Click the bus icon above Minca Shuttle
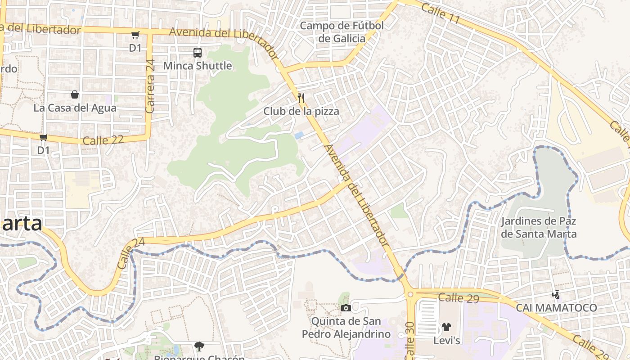197,52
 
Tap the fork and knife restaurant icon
301,98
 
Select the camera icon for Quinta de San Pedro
346,308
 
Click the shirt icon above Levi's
446,327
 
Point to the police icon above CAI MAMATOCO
556,295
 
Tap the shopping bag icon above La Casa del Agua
75,94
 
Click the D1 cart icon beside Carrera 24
135,35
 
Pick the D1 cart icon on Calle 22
43,137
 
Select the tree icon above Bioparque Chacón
199,346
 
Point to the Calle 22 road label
103,140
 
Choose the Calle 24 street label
130,254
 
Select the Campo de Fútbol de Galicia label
342,32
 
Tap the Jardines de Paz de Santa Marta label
539,228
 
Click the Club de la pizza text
301,111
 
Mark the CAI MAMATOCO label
556,308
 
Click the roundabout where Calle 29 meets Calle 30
410,295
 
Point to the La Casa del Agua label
75,108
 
